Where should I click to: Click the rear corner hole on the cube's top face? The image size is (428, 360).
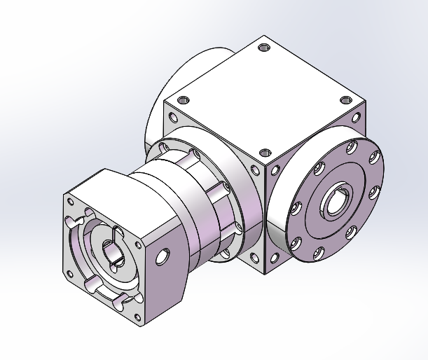click(x=263, y=48)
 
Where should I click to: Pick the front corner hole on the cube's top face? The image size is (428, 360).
click(x=264, y=153)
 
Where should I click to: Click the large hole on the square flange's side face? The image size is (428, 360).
click(x=163, y=256)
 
